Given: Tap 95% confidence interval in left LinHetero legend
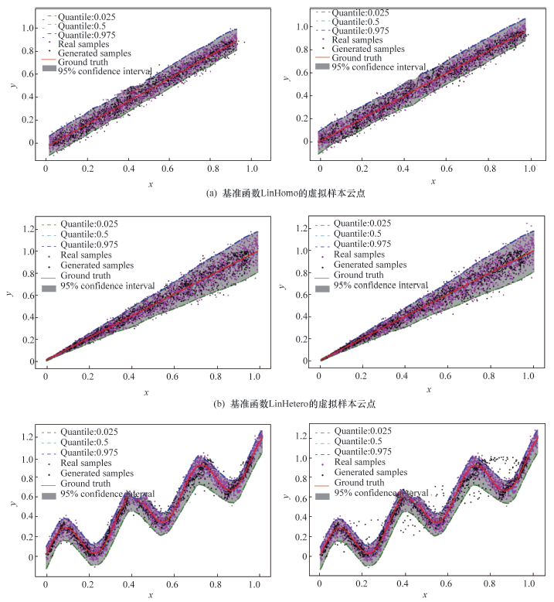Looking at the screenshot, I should coord(108,286).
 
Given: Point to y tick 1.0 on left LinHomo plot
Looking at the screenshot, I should coord(28,28).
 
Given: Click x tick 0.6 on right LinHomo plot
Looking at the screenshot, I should coord(445,167).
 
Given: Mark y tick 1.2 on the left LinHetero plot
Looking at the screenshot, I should coord(28,229).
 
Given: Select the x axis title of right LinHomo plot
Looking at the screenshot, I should coord(433,181).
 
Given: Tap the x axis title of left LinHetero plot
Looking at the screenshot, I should coord(145,393).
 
